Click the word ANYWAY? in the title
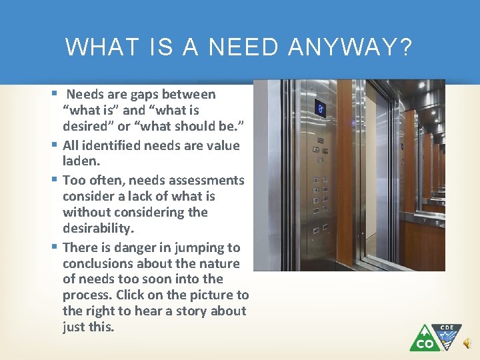click(350, 47)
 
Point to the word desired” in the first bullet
click(86, 127)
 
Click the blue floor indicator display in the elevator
click(320, 108)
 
